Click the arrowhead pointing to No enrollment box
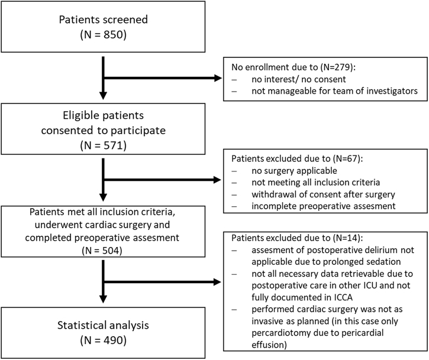tap(218, 78)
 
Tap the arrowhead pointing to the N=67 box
tap(217, 180)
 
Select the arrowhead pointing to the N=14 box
tap(217, 282)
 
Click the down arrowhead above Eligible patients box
tap(103, 95)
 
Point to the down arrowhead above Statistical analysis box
tap(103, 299)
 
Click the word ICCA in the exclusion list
tap(343, 297)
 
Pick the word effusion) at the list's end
tap(269, 345)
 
